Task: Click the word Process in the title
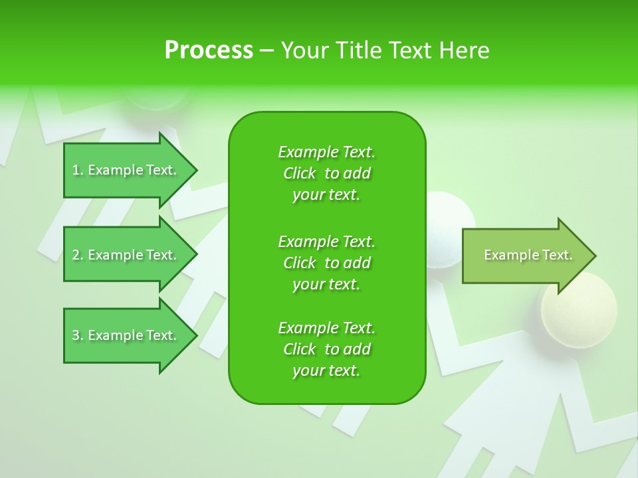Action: [209, 50]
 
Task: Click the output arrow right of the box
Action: [525, 256]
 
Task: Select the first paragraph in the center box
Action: [326, 173]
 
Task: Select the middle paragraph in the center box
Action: [326, 263]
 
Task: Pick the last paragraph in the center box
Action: [326, 349]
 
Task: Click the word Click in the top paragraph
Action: [300, 173]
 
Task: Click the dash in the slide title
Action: [266, 50]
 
